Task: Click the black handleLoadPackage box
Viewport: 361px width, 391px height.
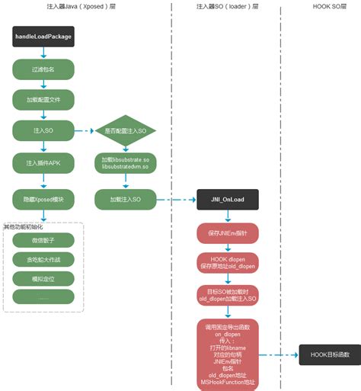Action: tap(43, 36)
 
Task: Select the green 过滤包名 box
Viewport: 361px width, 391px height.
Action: tap(43, 69)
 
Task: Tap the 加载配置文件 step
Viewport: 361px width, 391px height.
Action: tap(43, 100)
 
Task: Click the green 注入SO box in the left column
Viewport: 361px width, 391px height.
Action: tap(43, 131)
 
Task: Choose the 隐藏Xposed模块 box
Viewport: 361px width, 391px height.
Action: tap(43, 199)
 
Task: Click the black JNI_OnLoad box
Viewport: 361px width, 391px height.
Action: tap(228, 200)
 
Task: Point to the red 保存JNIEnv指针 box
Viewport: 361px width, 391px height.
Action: tap(228, 232)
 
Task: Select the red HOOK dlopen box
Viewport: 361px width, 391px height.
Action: tap(228, 262)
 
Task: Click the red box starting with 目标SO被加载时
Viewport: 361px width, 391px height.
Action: tap(228, 295)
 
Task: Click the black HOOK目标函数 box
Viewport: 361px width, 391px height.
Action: tap(329, 354)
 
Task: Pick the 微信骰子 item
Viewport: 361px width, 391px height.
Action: tap(44, 240)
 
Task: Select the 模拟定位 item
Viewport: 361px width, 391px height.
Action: tap(44, 279)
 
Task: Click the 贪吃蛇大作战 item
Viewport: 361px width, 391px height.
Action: tap(44, 259)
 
